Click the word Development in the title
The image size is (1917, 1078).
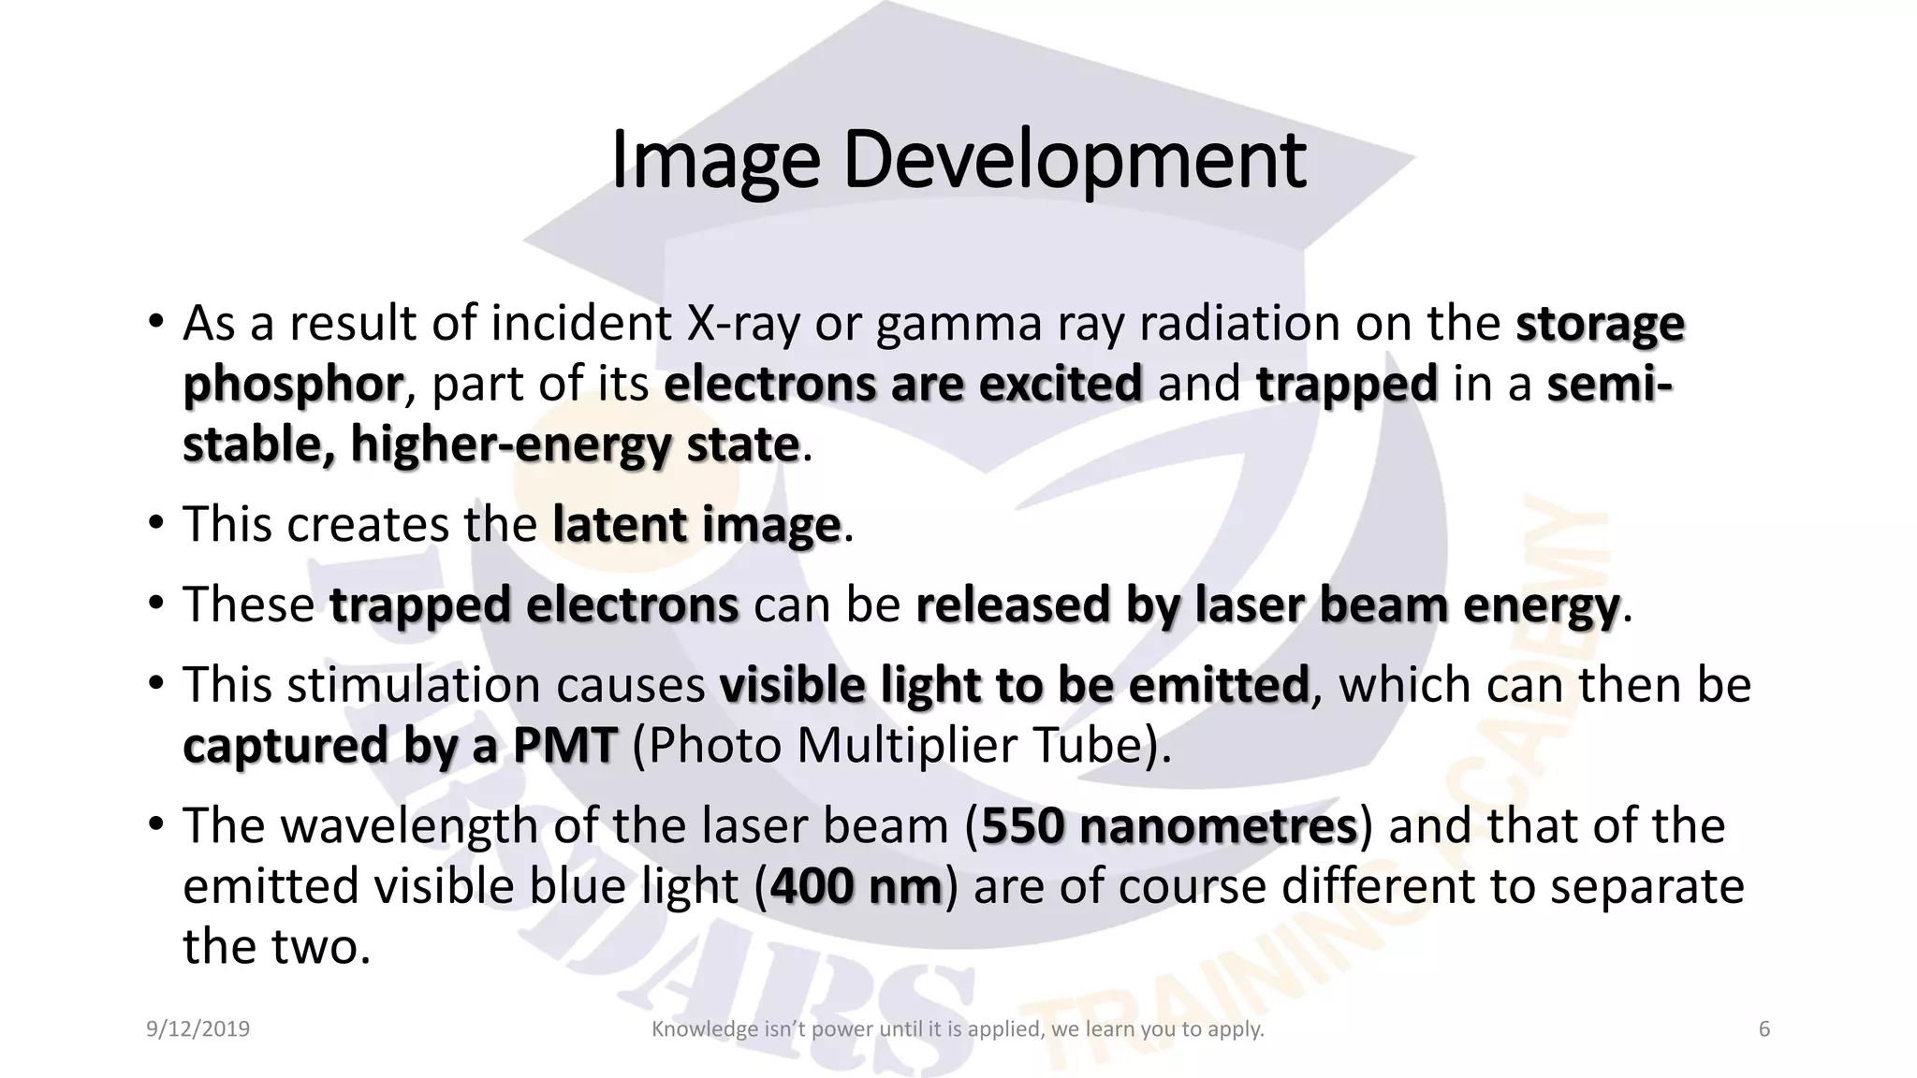1074,161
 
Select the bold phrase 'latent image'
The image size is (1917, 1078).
696,524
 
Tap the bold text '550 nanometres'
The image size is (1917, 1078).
1168,825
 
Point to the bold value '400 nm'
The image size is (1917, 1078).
856,886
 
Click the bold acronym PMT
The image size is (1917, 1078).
564,746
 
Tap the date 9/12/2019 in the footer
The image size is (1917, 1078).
198,1029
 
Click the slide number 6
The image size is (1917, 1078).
1764,1029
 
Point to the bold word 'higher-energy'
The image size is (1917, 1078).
510,445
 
